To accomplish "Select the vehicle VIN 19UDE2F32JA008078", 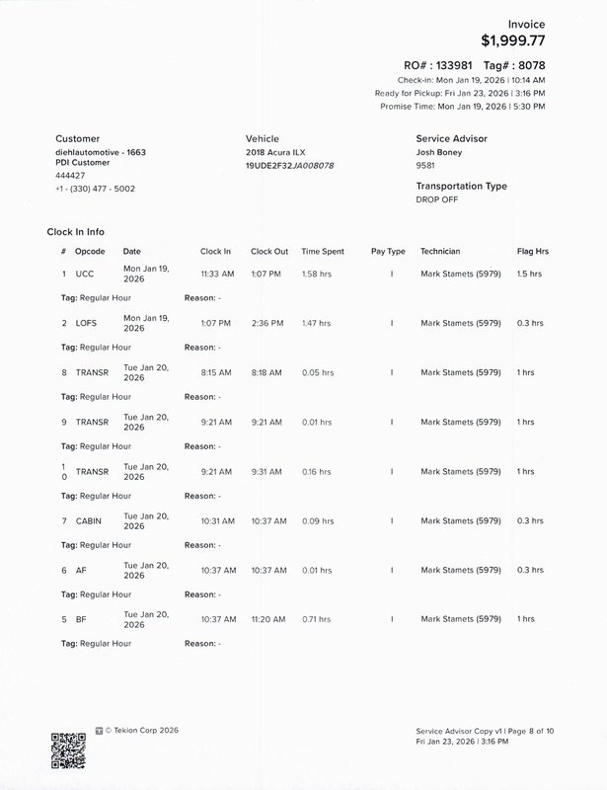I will coord(289,165).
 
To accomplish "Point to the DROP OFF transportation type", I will coord(438,199).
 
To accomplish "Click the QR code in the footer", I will coord(68,750).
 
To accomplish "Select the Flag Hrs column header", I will coord(532,252).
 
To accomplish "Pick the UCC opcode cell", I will coord(85,274).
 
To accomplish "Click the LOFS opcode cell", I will coord(88,323).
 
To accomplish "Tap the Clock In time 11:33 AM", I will coord(217,274).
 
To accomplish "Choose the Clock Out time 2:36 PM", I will coord(266,323).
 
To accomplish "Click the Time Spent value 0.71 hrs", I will coord(317,619).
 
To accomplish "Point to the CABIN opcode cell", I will coord(90,520).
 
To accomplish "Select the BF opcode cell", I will coord(81,619).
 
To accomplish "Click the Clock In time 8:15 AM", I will coord(216,372).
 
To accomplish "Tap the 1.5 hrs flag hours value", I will coord(529,274).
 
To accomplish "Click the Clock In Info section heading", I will coord(76,232).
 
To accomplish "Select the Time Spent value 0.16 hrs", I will coord(317,471).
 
